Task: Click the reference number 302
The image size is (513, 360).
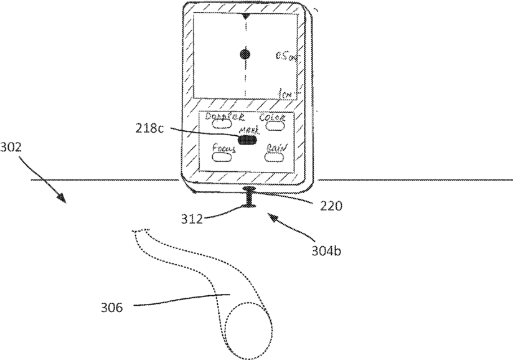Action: pos(12,148)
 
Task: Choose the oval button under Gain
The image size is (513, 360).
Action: pos(273,156)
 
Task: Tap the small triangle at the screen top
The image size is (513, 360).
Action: pos(247,14)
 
